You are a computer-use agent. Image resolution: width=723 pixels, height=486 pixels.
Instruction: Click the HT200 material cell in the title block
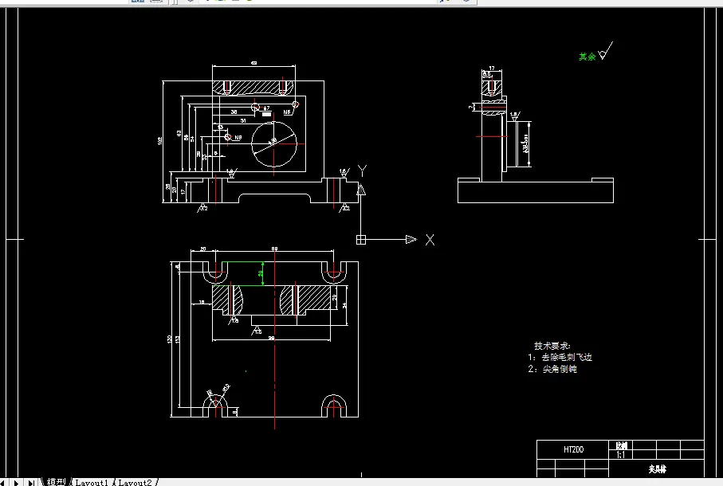(x=573, y=450)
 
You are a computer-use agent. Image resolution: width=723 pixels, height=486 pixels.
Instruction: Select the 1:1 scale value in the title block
(x=620, y=455)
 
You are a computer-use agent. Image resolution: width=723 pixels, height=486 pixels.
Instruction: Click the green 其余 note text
(x=587, y=57)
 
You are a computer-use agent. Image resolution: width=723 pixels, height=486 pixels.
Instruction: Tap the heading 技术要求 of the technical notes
(x=552, y=347)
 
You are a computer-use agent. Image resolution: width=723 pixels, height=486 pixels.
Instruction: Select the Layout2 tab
(x=136, y=482)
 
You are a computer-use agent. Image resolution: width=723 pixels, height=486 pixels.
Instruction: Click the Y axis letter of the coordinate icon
(x=361, y=170)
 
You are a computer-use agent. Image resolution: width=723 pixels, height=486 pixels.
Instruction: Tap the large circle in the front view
(x=273, y=143)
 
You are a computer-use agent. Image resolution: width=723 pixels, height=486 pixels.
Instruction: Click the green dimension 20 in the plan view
(x=261, y=273)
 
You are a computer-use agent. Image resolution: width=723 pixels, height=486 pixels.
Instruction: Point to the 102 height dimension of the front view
(x=160, y=141)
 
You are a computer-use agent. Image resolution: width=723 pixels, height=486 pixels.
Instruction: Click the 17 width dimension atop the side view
(x=492, y=68)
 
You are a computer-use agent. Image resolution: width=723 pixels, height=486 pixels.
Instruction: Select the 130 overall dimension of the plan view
(x=169, y=339)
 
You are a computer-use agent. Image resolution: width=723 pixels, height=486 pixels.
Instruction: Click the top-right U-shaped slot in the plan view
(x=334, y=272)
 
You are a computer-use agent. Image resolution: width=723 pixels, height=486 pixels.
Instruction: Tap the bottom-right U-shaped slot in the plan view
(x=334, y=407)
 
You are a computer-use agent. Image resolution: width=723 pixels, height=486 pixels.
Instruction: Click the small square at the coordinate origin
(x=361, y=239)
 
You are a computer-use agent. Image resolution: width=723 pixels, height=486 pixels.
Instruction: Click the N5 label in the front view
(x=286, y=113)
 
